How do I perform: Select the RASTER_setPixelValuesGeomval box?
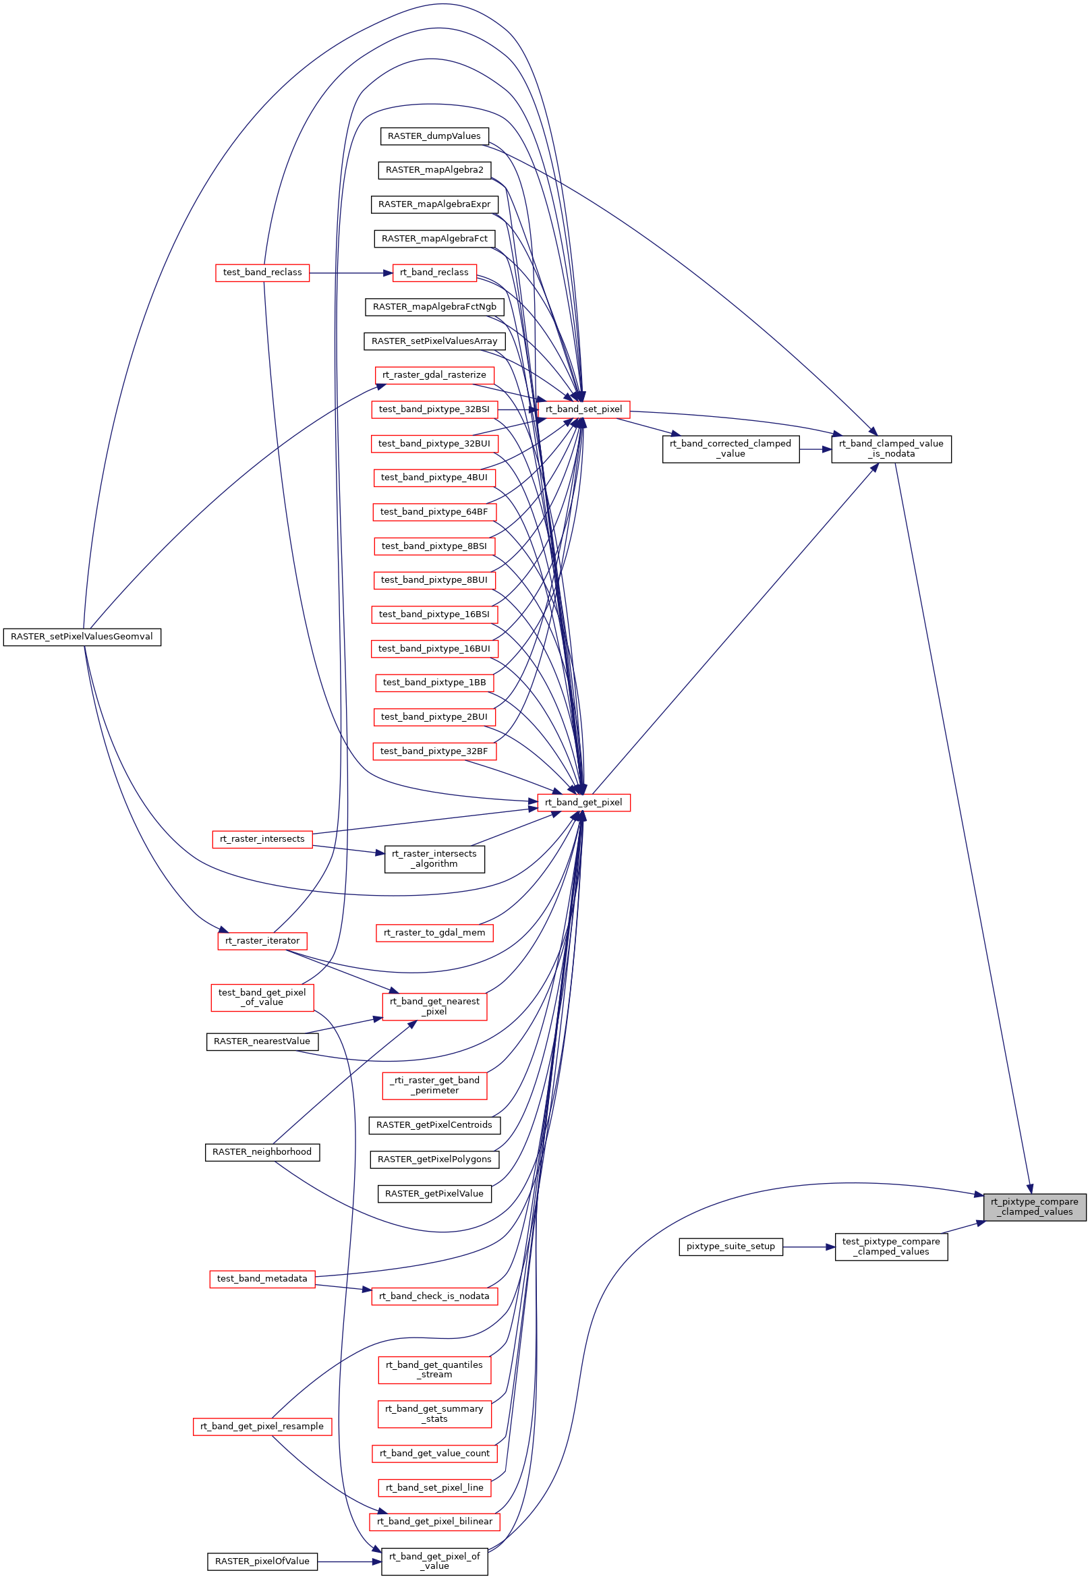point(82,637)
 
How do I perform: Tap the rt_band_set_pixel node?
point(583,409)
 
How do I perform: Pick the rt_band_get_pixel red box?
point(583,803)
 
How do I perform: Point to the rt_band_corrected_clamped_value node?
point(730,449)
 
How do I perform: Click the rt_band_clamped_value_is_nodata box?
point(890,449)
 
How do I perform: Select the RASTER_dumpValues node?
point(434,136)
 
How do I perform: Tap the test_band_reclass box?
point(262,272)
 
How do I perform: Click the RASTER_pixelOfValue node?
point(262,1561)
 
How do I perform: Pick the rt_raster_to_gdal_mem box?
point(434,933)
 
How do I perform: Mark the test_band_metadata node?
point(262,1278)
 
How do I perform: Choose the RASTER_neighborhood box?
point(262,1152)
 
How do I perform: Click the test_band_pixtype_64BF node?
point(434,511)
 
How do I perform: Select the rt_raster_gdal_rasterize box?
point(434,375)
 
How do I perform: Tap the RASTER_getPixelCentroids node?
point(434,1125)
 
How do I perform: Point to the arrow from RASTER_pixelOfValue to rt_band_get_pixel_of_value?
point(348,1561)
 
